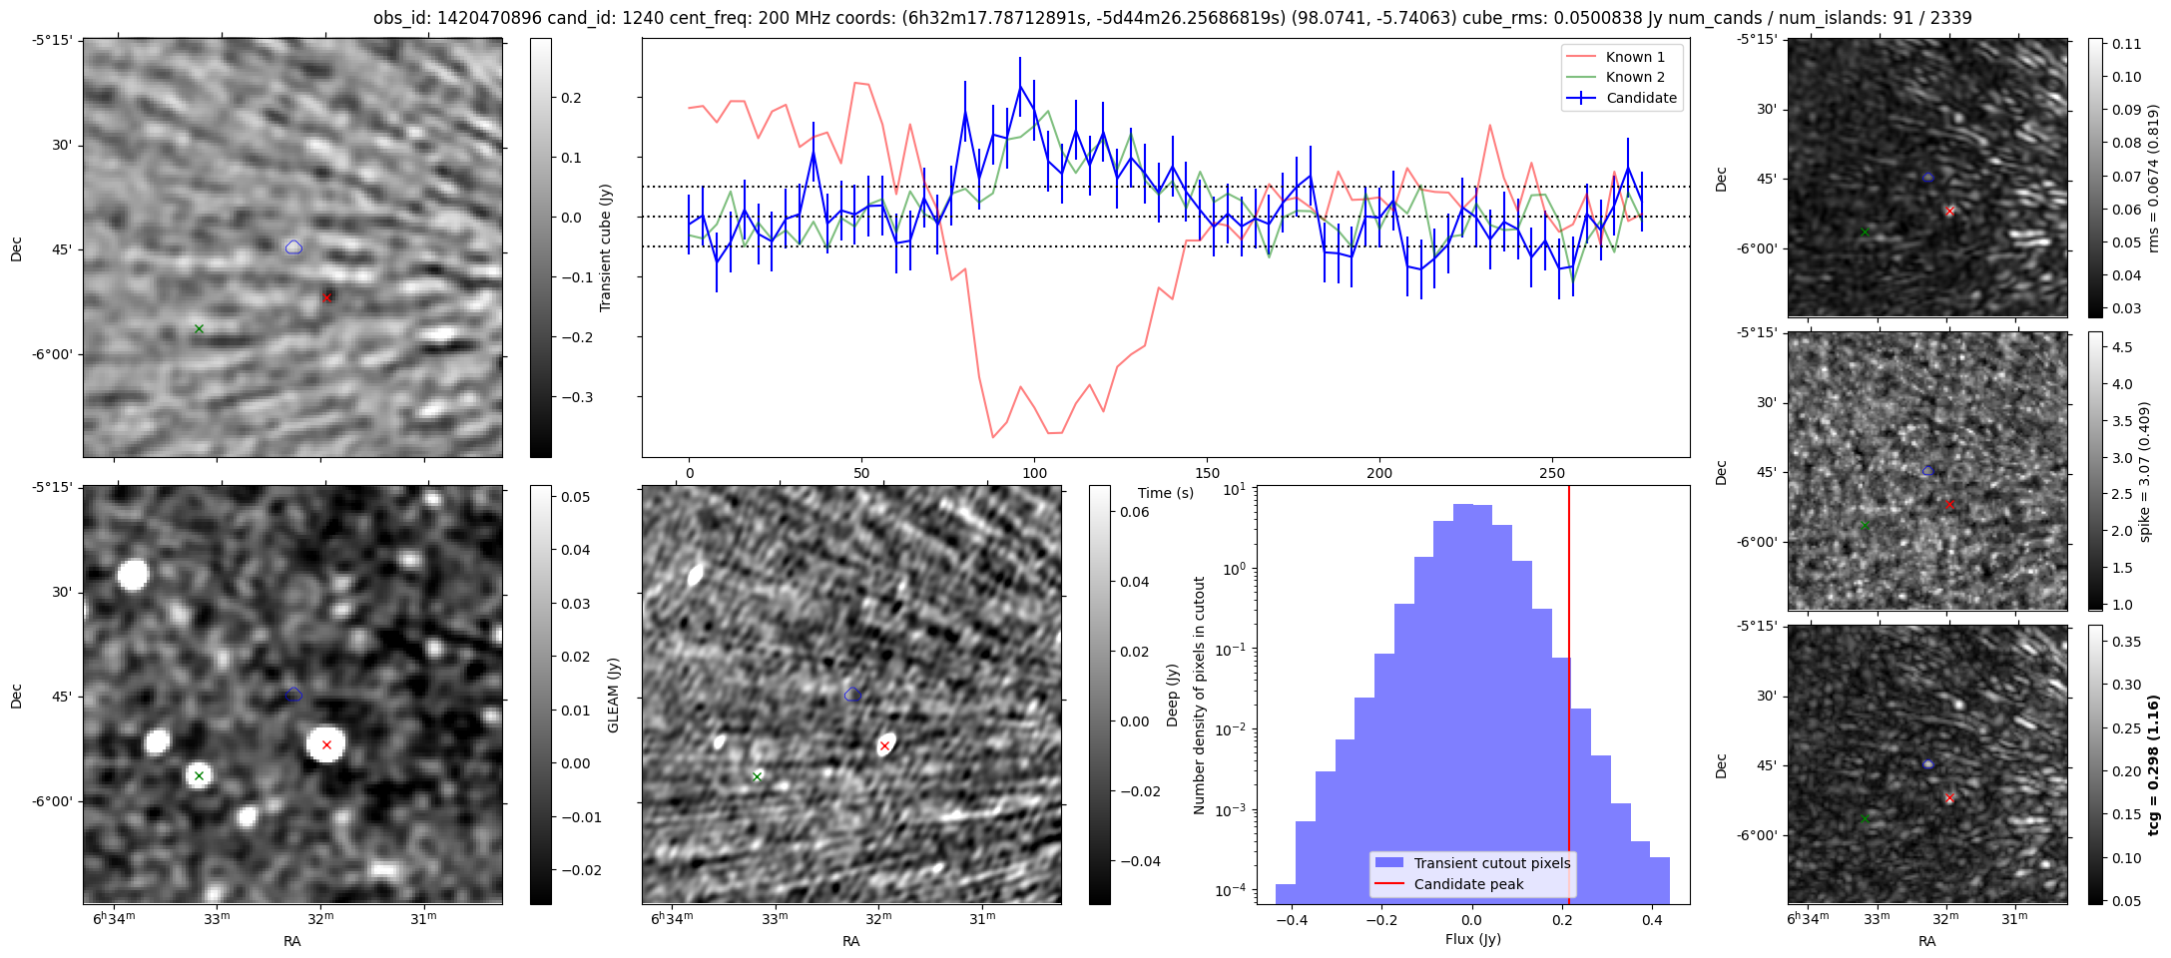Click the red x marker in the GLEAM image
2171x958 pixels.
pyautogui.click(x=326, y=744)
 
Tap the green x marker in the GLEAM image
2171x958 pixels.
pyautogui.click(x=199, y=775)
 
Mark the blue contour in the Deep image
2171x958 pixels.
pyautogui.click(x=852, y=695)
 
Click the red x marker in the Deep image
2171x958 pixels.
pyautogui.click(x=884, y=745)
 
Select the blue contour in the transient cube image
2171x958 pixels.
pyautogui.click(x=293, y=247)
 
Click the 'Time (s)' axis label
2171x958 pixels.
pyautogui.click(x=1166, y=493)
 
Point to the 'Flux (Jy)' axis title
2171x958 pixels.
pyautogui.click(x=1472, y=939)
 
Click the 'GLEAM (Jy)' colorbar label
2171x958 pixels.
pyautogui.click(x=613, y=695)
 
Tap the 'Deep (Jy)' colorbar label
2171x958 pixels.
pyautogui.click(x=1172, y=695)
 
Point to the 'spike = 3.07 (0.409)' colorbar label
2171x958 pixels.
pyautogui.click(x=2144, y=471)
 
